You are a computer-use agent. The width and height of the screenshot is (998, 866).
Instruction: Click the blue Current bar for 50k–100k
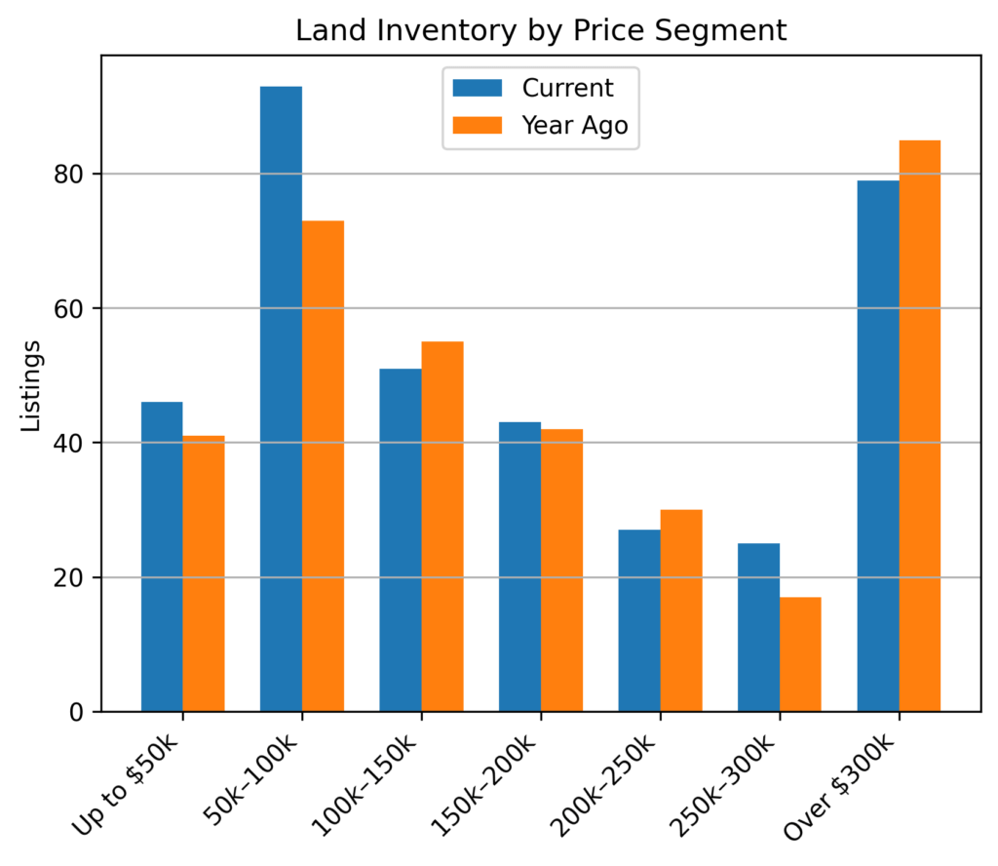point(281,399)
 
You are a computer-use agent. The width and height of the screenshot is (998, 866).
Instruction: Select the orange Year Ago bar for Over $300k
point(919,426)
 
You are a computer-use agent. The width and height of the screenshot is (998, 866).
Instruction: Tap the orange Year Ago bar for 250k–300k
point(800,654)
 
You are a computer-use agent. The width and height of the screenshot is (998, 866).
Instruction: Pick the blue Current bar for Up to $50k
point(162,557)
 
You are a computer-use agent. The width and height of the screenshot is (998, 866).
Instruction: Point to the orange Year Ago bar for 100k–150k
point(442,527)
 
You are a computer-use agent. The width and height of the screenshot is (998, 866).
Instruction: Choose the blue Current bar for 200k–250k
point(639,620)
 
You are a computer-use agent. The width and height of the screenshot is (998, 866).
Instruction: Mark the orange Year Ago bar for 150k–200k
point(561,571)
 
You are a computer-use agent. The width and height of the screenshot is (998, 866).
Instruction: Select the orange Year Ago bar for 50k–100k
point(323,466)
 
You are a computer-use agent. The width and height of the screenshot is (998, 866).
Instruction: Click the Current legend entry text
point(568,88)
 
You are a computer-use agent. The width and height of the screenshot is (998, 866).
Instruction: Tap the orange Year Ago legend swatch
point(478,125)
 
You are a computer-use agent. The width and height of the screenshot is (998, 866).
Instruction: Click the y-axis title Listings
point(32,384)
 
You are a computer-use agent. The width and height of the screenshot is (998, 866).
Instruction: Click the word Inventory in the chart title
point(447,31)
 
